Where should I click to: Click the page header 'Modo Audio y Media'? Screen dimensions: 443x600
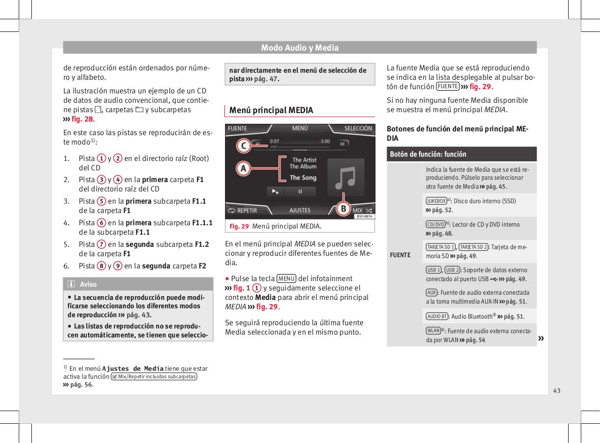[300, 47]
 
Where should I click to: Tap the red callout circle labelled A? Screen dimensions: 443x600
[242, 168]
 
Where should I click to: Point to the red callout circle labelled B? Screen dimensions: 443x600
[344, 207]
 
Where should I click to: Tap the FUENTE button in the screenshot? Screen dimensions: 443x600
[238, 128]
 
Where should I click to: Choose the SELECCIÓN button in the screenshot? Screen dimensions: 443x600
[358, 128]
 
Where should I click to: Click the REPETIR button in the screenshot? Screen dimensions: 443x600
[242, 211]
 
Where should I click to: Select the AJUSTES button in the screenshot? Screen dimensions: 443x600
[300, 211]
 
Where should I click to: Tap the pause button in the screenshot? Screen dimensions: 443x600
[300, 191]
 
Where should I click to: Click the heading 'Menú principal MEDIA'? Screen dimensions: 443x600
[271, 110]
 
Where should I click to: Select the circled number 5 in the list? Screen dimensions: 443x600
[101, 201]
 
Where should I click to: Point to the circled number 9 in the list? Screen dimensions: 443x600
[119, 266]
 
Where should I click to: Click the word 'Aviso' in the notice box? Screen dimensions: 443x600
[88, 284]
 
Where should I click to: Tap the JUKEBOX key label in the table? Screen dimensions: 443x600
[435, 201]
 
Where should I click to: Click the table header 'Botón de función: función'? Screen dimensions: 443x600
[427, 154]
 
